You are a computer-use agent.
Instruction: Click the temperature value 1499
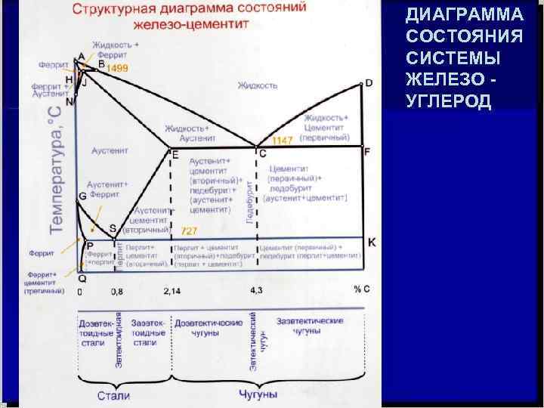click(117, 68)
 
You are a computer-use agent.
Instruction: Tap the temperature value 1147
click(282, 141)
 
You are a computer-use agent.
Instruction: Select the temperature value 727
click(190, 230)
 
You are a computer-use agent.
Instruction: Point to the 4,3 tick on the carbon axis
click(255, 290)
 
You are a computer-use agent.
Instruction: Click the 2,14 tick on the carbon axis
click(172, 290)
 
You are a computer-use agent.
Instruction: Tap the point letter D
click(369, 82)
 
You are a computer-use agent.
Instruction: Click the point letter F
click(367, 151)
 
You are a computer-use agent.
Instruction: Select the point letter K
click(371, 242)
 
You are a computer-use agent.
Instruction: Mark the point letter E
click(175, 155)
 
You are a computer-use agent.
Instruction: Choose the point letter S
click(113, 227)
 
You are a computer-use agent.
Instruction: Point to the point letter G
click(82, 196)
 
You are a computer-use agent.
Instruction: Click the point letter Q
click(82, 278)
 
